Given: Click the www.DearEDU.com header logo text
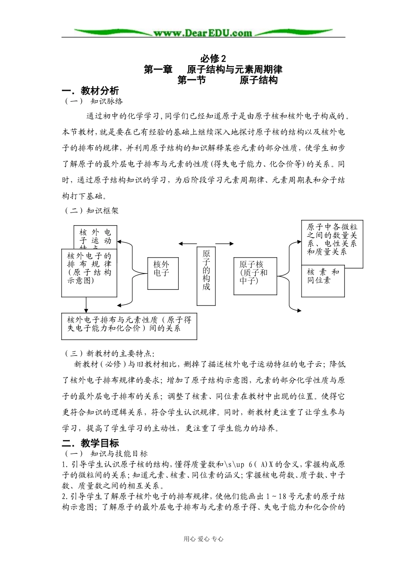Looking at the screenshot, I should click(203, 33).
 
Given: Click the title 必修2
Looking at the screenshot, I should click(213, 58).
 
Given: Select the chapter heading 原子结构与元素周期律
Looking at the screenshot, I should click(234, 69).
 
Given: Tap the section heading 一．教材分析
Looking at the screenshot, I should click(90, 91).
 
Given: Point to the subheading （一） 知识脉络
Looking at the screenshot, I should click(93, 102).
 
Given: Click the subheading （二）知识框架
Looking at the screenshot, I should click(91, 210).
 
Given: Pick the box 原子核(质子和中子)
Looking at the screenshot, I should click(255, 276).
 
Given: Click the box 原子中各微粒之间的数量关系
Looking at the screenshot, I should click(332, 240).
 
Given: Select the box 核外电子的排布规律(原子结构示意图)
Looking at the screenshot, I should click(89, 273).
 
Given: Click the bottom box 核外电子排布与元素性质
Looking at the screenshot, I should click(129, 326).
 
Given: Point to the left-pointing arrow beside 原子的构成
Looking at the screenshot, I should click(187, 243).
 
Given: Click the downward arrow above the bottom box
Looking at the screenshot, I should click(87, 305).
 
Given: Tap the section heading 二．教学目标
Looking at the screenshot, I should click(90, 443).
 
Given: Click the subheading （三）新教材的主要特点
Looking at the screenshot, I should click(109, 354).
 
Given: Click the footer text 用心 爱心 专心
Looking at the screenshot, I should click(203, 539).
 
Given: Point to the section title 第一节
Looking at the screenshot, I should click(192, 80).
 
